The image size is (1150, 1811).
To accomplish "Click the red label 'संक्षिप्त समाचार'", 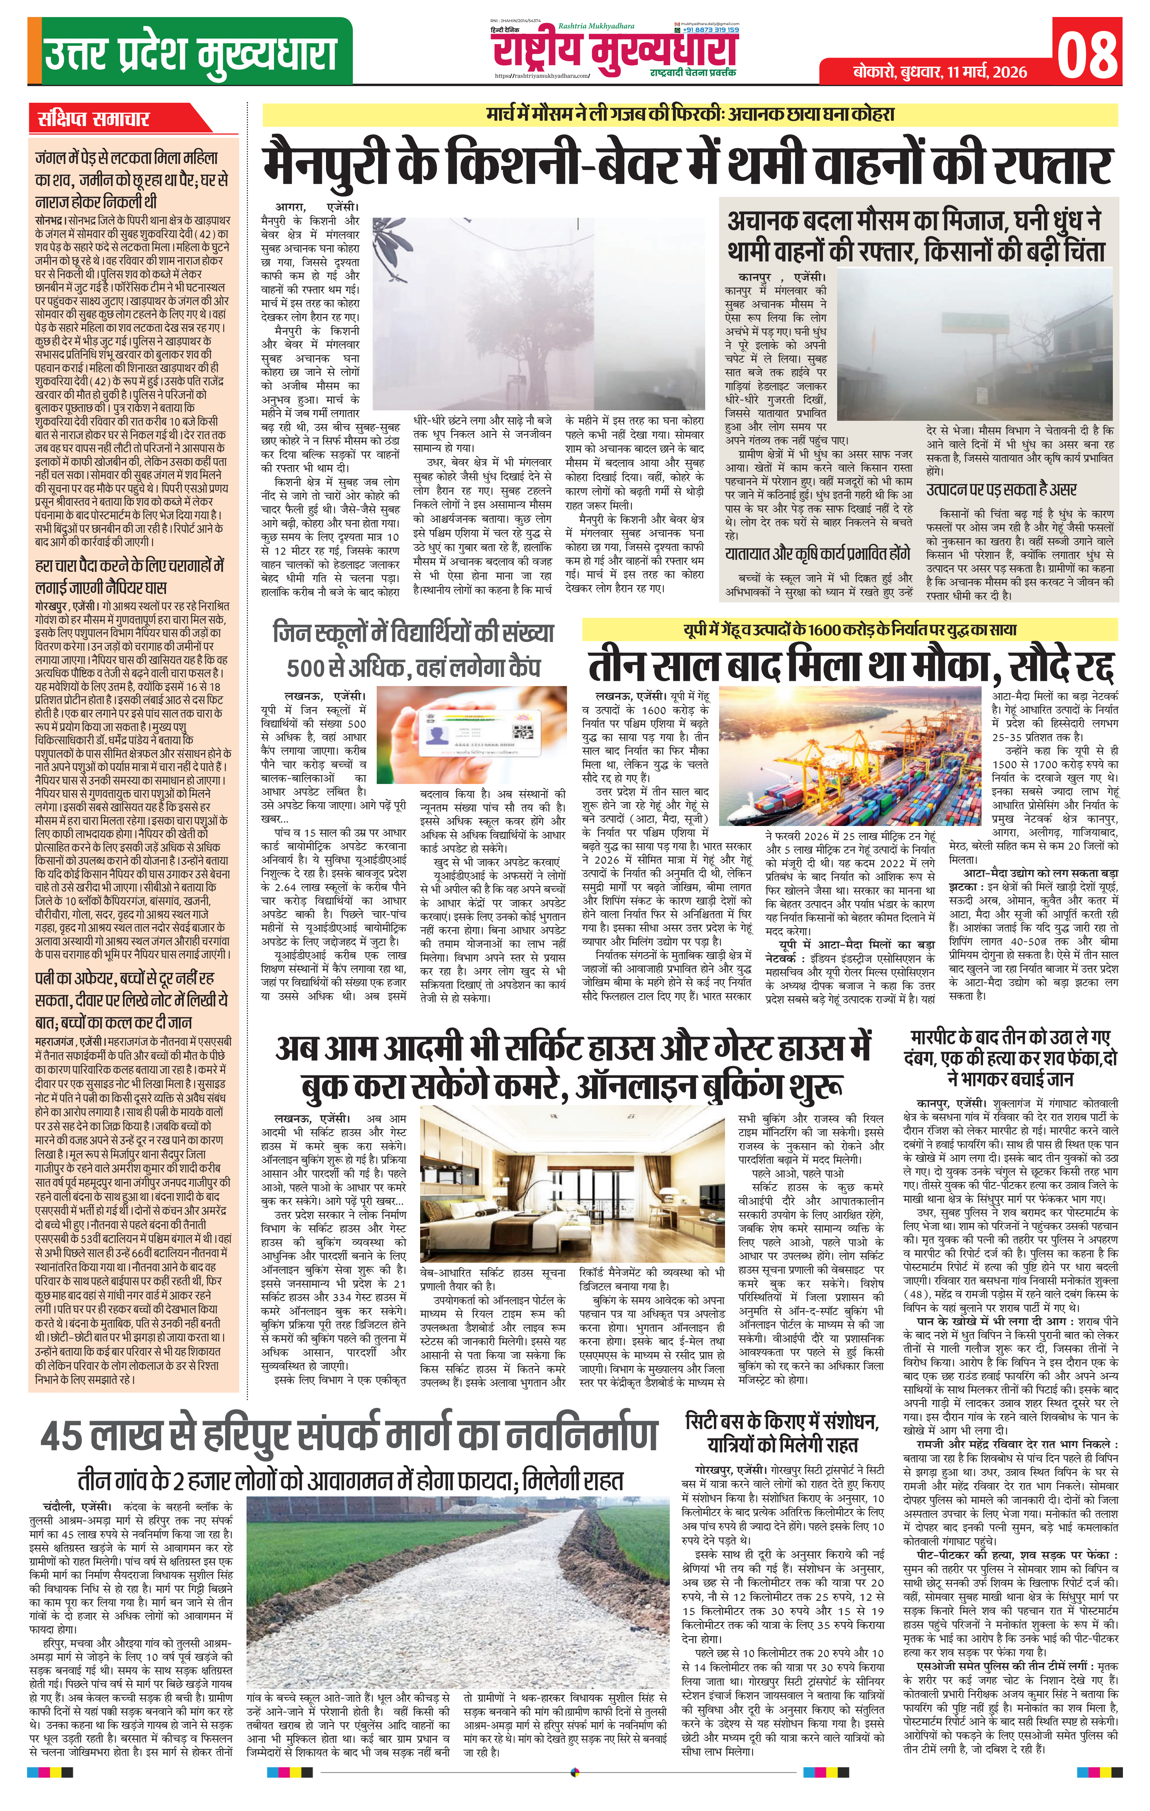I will coord(95,119).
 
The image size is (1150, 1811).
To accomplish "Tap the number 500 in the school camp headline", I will coord(309,668).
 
